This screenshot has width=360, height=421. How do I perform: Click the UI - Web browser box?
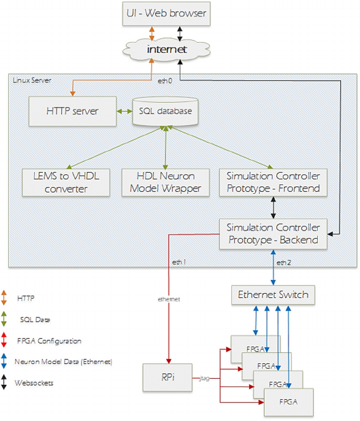point(166,14)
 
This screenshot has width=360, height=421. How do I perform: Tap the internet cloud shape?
point(166,50)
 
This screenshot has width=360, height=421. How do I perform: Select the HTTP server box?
point(73,111)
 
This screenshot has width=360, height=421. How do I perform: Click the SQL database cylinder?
point(165,111)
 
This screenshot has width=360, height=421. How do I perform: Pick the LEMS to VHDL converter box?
point(66,182)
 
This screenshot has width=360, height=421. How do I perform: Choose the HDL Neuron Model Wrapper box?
point(165,182)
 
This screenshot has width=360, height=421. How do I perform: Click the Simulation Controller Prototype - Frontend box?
point(273,182)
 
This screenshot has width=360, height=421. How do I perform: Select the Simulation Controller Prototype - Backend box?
point(273,234)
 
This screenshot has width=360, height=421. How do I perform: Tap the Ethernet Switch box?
point(273,294)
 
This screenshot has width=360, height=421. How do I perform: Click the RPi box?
point(167,377)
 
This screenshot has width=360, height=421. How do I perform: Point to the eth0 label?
point(165,81)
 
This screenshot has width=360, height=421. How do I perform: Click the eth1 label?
point(179,262)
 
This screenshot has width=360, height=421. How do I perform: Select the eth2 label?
point(284,263)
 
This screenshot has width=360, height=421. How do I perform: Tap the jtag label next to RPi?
point(204,378)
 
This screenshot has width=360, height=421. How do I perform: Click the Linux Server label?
point(32,80)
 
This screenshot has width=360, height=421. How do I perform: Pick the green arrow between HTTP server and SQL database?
point(125,111)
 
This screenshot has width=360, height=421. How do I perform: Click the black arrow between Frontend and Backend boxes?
point(273,207)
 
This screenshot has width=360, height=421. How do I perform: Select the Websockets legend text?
point(34,383)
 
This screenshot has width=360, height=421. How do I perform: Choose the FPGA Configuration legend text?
point(49,341)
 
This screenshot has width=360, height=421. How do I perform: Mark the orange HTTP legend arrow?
point(4,298)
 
